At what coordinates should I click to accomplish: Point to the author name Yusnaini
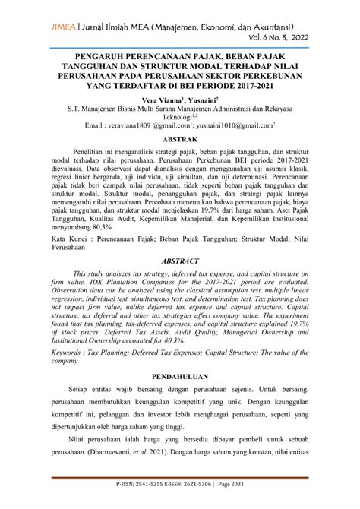pyautogui.click(x=199, y=100)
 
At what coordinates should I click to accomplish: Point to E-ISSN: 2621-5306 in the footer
pyautogui.click(x=196, y=501)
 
